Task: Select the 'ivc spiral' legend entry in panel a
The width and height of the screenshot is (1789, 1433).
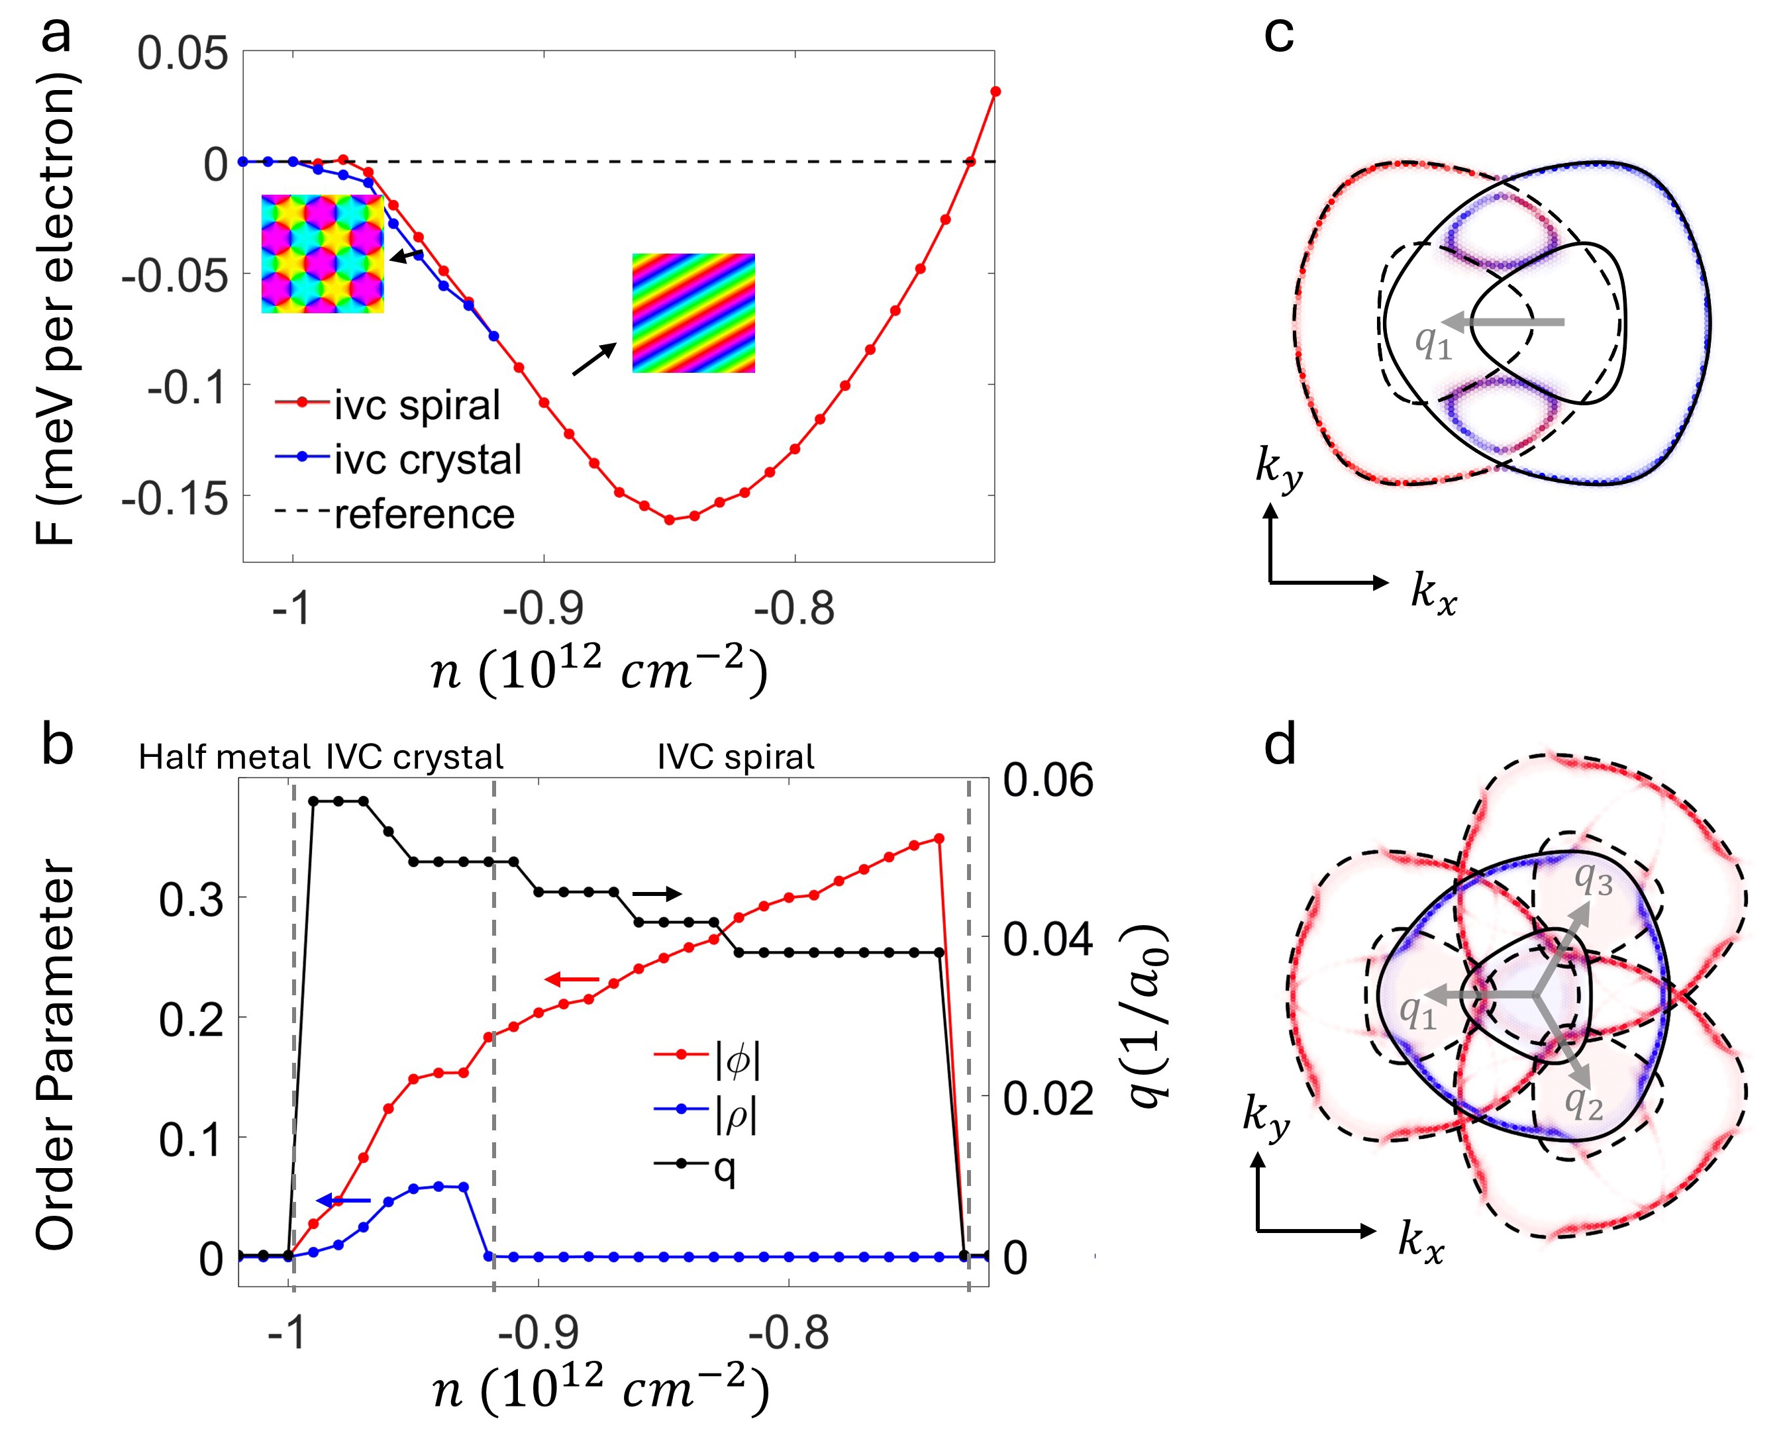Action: point(417,405)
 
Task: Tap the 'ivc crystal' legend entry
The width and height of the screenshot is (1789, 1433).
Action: point(427,459)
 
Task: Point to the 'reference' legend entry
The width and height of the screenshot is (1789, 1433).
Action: point(424,515)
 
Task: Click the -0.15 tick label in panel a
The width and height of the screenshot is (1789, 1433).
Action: point(175,499)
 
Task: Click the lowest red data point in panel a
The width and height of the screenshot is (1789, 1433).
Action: point(670,519)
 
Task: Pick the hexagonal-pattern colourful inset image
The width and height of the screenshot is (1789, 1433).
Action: point(323,254)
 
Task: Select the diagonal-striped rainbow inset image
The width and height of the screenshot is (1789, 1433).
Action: point(693,313)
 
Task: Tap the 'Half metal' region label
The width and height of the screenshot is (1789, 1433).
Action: point(224,757)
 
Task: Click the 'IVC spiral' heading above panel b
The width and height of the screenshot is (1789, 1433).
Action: point(736,757)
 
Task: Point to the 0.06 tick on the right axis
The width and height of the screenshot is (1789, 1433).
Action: point(1048,780)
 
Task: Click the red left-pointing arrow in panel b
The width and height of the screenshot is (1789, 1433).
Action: point(572,980)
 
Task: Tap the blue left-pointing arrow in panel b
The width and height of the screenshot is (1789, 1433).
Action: point(344,1200)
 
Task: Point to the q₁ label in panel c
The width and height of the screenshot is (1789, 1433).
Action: point(1433,341)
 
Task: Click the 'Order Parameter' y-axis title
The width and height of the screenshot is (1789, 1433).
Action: point(56,1054)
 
